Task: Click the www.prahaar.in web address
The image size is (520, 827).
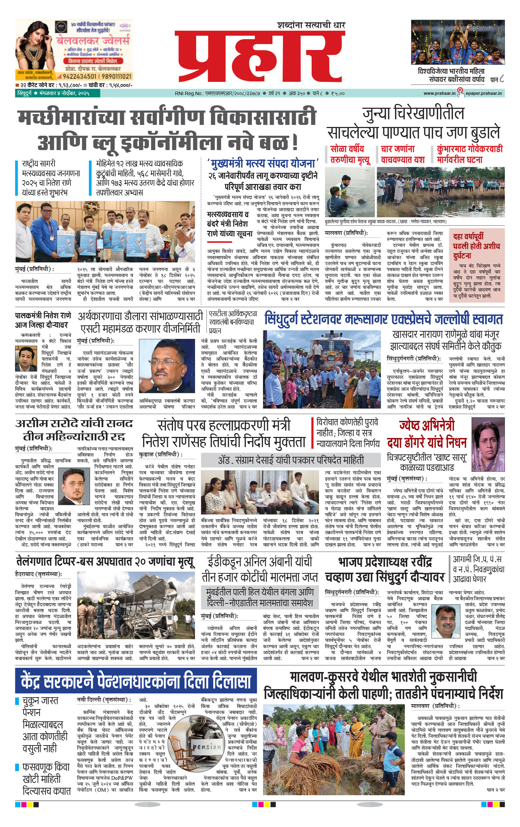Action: [439, 93]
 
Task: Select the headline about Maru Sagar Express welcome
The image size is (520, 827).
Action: [383, 319]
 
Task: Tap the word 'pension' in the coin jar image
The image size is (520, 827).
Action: [207, 746]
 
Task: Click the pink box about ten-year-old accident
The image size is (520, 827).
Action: [477, 265]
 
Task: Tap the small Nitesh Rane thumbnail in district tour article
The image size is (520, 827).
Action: [26, 358]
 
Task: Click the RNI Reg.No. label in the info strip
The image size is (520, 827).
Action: [189, 93]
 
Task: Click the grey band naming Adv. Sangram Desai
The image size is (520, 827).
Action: [291, 460]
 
